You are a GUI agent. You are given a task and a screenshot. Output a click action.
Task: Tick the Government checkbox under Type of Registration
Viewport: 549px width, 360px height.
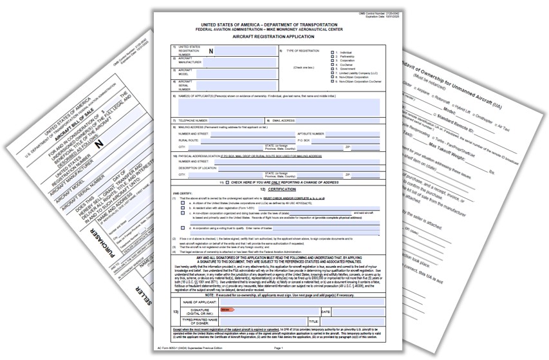pos(332,70)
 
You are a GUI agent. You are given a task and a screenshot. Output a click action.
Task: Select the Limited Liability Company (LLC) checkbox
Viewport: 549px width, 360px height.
pos(332,74)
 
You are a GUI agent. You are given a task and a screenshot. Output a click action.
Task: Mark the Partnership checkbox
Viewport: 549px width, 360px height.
pos(332,56)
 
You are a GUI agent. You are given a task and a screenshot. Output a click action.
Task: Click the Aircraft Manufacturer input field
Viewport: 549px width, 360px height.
pos(235,62)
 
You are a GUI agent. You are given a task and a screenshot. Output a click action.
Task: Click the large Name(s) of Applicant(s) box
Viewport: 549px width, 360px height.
pos(277,108)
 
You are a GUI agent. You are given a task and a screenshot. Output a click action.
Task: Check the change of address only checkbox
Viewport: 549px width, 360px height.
pos(227,182)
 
